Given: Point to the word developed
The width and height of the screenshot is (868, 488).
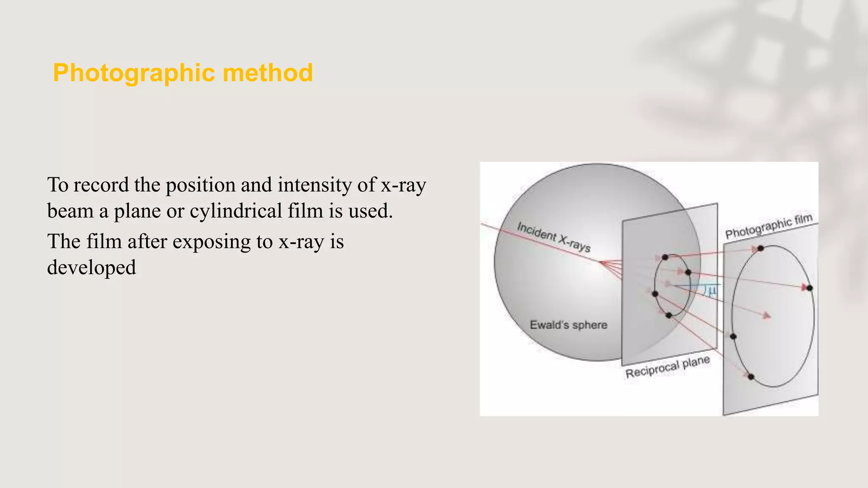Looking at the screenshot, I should coord(92,268).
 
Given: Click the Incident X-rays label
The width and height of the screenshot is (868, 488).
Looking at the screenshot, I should coord(554,237).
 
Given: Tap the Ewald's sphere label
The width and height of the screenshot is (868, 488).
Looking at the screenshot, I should coord(568,325).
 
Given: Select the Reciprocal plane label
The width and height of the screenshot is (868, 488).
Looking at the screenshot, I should coord(668,367).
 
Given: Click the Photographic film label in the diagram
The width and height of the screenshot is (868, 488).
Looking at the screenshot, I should coord(768,226).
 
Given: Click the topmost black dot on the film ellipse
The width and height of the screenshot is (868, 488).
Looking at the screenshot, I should coord(761,248).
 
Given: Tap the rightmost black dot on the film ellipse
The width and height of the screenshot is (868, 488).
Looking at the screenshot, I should coord(810,288).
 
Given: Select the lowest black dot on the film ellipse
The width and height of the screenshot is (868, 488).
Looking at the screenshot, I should coord(751,377).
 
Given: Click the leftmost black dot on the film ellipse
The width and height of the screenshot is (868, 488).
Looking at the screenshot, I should coord(733,337).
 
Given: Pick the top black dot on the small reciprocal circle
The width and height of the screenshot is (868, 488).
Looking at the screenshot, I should coord(665,257).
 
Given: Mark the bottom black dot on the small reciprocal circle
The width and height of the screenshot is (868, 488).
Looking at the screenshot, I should coord(669,315).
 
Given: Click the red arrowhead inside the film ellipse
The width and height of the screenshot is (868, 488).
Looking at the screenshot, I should coord(766,316).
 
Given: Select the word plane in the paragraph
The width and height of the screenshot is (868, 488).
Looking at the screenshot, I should coord(137,211).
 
